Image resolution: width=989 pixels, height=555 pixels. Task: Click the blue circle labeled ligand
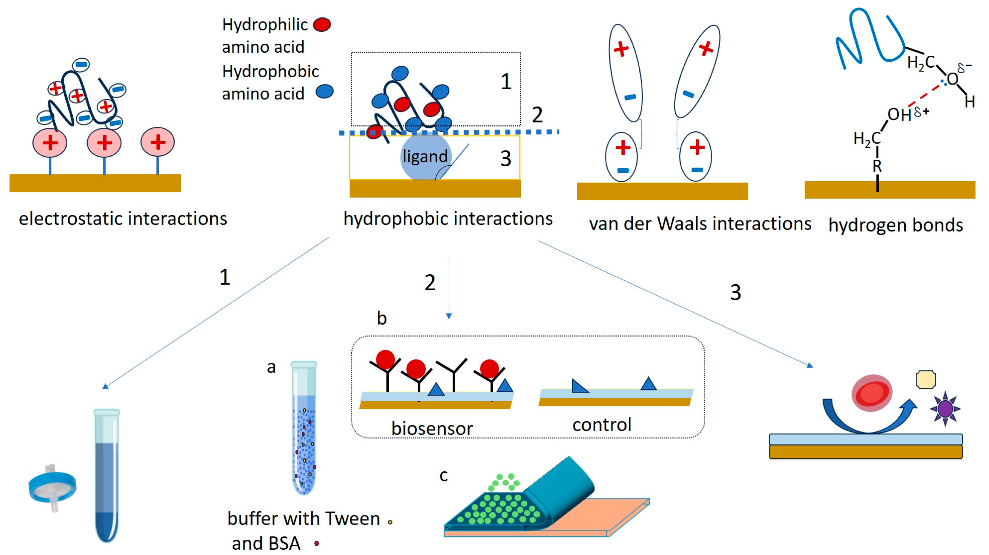point(425,156)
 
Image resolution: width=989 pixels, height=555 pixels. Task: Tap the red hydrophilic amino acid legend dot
point(322,25)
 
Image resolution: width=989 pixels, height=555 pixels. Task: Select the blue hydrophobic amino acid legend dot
point(324,92)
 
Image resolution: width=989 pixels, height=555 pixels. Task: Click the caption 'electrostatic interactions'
point(123,219)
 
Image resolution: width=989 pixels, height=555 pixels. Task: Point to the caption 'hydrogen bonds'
point(895,225)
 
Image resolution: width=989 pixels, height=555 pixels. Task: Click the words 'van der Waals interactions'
point(700,223)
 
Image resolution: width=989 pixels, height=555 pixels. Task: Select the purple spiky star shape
point(945,408)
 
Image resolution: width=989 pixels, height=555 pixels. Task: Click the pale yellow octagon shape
point(926,380)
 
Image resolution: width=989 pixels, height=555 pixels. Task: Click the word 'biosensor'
point(432,428)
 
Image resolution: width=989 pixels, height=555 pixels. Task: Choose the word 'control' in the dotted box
point(602,425)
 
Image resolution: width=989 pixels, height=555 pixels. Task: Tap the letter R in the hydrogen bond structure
point(877,166)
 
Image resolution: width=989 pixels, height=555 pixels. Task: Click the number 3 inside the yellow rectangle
point(506,159)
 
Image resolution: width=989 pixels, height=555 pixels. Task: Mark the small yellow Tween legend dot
point(390,522)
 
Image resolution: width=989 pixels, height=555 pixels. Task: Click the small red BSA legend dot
point(317,543)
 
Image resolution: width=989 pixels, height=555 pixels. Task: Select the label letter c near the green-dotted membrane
point(443,476)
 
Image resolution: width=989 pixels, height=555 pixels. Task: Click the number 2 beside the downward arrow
point(430,282)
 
